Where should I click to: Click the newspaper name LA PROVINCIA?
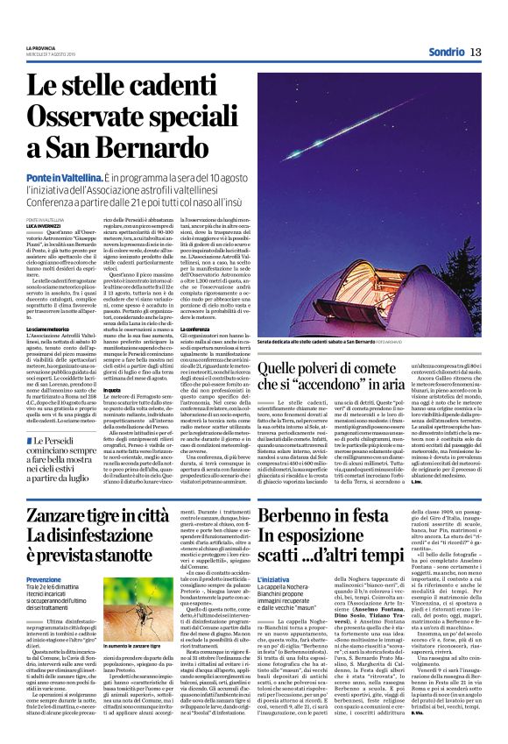tap(43, 47)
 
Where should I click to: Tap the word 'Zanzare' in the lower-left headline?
tap(67, 517)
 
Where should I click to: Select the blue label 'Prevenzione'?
tap(44, 579)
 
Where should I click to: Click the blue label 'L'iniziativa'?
tap(283, 579)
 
